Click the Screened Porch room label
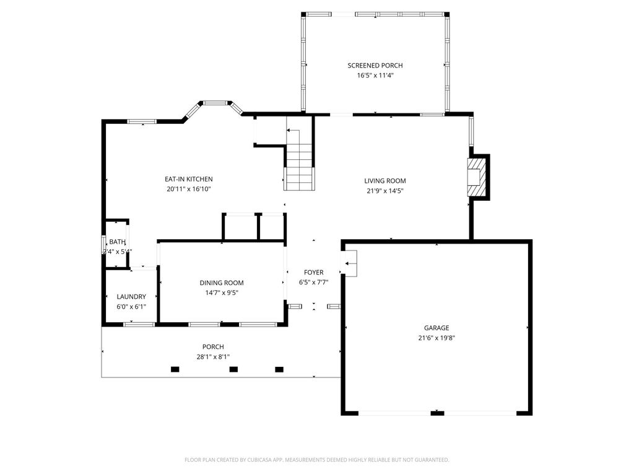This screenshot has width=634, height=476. point(375,65)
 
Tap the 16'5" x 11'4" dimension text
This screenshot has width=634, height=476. point(375,76)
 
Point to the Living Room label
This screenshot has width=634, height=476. point(384,181)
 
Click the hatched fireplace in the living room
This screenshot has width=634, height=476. point(477,177)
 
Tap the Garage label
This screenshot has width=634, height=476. point(436,328)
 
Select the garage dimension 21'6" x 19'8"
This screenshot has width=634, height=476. point(436,338)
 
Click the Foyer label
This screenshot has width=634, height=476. point(313,272)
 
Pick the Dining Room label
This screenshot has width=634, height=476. point(221,283)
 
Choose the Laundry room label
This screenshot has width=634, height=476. point(131,296)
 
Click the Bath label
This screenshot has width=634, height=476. point(117,242)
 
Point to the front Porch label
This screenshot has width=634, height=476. point(213,346)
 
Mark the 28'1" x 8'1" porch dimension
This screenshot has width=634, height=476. point(213,356)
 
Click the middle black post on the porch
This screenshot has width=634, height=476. point(233,369)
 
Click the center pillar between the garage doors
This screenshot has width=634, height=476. point(437,413)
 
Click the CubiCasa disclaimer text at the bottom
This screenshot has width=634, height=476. point(316,460)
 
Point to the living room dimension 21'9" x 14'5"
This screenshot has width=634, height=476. point(384,191)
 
